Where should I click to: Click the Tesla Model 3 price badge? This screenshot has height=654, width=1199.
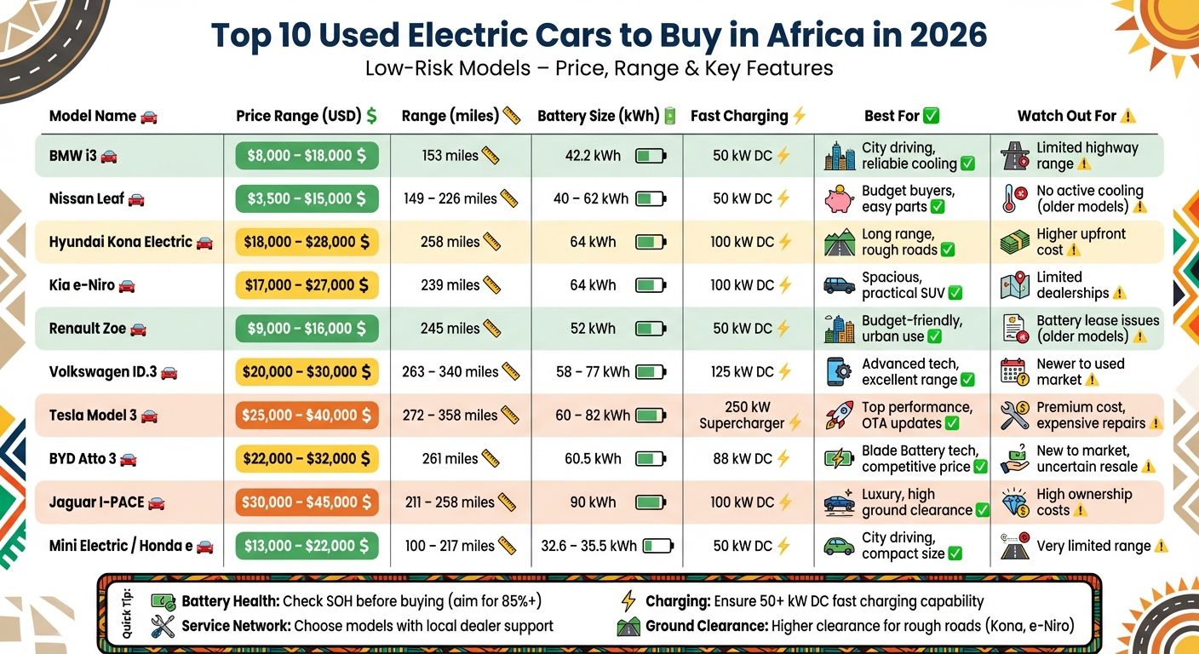click(x=307, y=416)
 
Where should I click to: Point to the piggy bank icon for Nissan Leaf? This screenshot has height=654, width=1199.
click(x=839, y=199)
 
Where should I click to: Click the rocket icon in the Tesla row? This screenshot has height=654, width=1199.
click(x=839, y=416)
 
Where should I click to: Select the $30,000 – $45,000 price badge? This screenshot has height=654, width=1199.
click(x=307, y=502)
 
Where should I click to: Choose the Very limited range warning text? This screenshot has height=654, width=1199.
click(x=1093, y=547)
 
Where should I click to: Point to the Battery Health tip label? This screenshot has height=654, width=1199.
click(x=230, y=601)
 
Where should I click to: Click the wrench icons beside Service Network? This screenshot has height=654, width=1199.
click(x=163, y=627)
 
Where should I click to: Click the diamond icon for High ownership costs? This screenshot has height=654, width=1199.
click(x=1014, y=502)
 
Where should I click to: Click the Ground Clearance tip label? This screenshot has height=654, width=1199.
click(x=706, y=627)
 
